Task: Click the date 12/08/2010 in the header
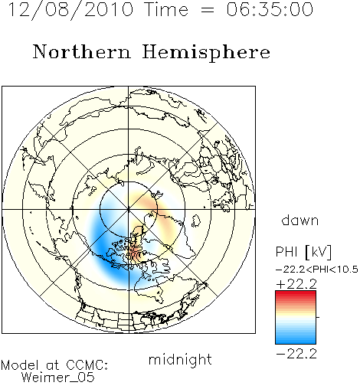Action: tap(70, 10)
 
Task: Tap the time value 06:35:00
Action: tap(270, 9)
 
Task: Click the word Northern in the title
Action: tap(82, 52)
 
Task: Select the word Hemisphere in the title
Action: tap(206, 53)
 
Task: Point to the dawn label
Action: tap(300, 220)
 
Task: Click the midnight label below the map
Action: tap(180, 359)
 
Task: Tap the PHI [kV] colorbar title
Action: tap(304, 252)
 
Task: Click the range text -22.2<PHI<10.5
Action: tap(317, 270)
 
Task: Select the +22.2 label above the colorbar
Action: tap(296, 284)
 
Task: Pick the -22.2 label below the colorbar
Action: tap(296, 354)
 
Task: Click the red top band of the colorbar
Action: tap(296, 293)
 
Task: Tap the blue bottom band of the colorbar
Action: tap(296, 341)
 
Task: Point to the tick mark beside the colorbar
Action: tap(318, 317)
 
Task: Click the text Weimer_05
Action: tap(58, 377)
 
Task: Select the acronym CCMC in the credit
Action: tap(87, 365)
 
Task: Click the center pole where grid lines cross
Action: tap(129, 210)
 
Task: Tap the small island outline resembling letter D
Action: tap(196, 221)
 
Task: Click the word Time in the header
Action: tap(166, 9)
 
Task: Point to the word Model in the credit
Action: tap(20, 365)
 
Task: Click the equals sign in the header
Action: tap(208, 11)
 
